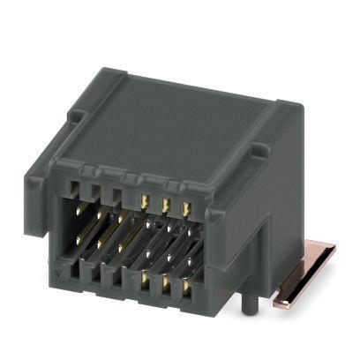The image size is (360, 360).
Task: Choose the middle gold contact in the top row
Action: pos(165,204)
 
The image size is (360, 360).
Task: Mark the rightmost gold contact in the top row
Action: pos(186,208)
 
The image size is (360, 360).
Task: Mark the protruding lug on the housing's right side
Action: pos(258,151)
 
